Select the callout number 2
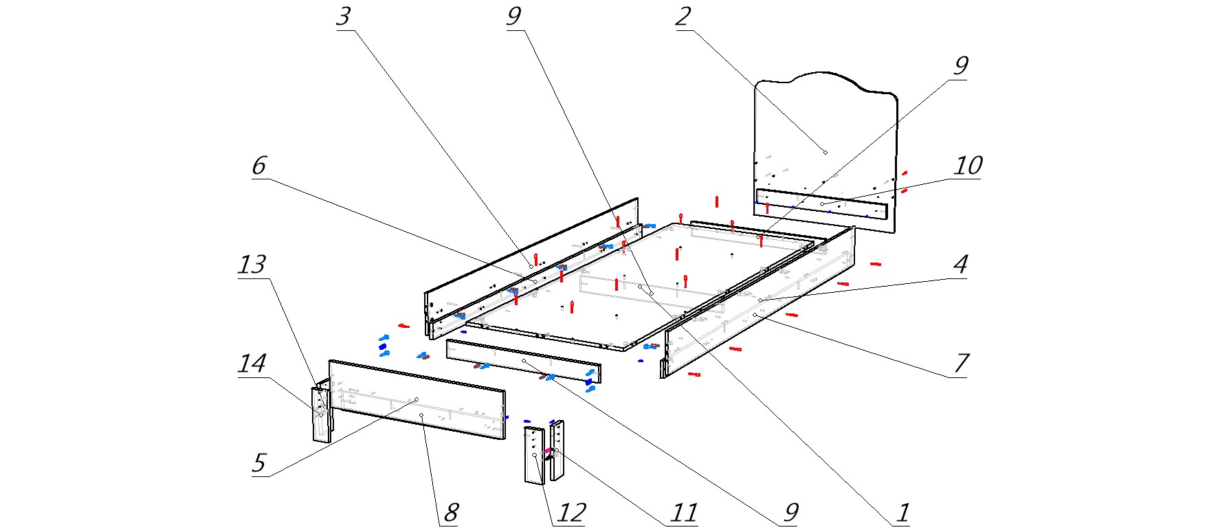point(683,16)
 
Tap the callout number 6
point(259,166)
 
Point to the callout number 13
point(252,265)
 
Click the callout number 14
point(252,364)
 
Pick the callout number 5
point(259,463)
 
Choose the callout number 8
point(451,513)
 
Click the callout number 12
point(571,513)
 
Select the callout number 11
point(684,513)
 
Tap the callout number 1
point(903,513)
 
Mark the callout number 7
point(961,364)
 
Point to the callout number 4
point(961,265)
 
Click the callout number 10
point(968,166)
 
